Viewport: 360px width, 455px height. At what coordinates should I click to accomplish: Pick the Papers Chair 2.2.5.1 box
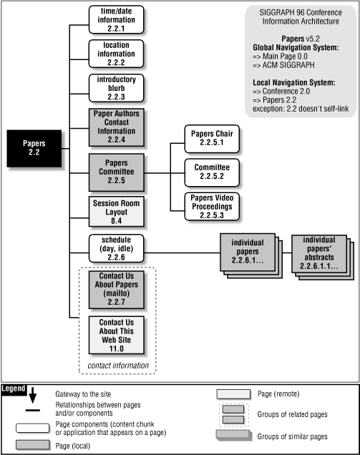pyautogui.click(x=212, y=139)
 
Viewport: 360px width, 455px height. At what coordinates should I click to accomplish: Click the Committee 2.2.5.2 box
pyautogui.click(x=212, y=171)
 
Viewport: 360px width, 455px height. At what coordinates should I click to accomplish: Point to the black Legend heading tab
pyautogui.click(x=14, y=388)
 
